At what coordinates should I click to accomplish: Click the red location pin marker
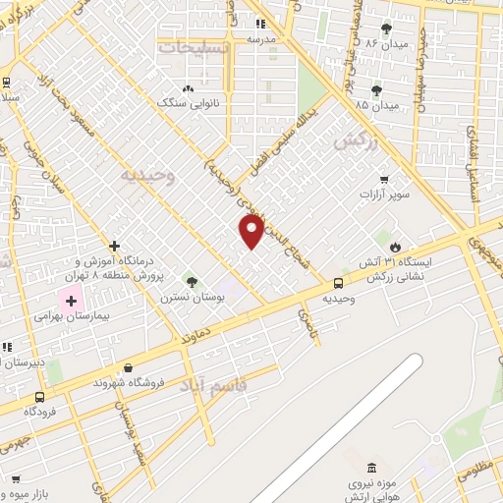pos(252,231)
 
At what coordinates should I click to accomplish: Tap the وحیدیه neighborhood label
pos(147,175)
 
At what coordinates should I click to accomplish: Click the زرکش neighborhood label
pos(355,141)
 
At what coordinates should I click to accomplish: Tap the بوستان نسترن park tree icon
pos(192,282)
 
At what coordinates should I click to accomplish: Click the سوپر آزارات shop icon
pos(384,180)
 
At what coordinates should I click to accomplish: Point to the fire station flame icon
pos(395,247)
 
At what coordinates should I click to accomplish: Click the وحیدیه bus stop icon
pos(338,283)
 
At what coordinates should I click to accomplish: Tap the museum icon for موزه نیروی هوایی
pos(370,468)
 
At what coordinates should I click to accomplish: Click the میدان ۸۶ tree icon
pos(385,28)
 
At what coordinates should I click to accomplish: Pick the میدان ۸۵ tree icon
pos(376,90)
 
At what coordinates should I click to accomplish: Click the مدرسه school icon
pos(260,24)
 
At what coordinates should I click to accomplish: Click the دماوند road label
pos(196,336)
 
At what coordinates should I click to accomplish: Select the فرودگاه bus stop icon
pos(39,397)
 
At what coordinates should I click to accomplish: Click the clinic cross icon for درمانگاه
pos(115,246)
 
